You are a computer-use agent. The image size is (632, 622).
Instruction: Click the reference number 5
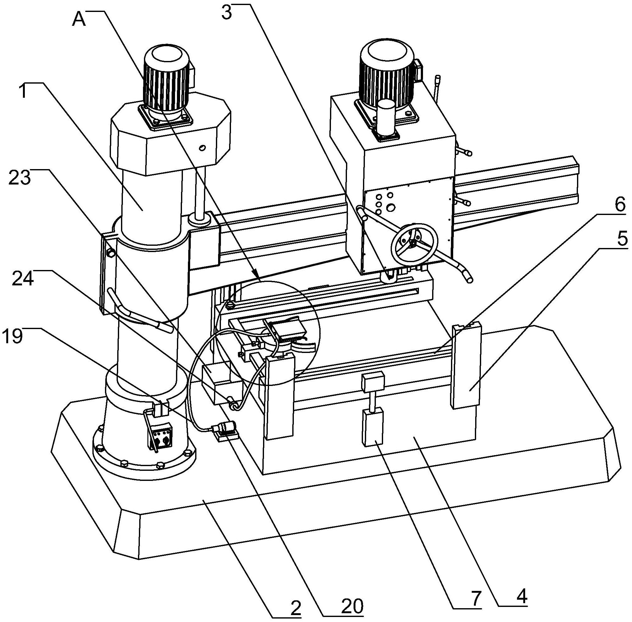[622, 239]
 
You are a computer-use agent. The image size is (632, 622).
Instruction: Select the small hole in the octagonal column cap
[202, 148]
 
